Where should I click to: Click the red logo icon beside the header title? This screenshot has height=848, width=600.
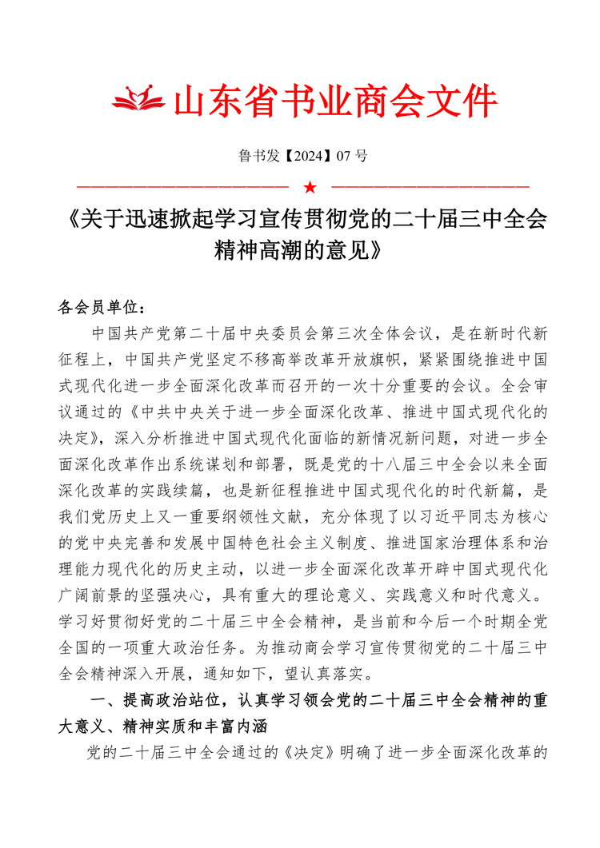point(137,99)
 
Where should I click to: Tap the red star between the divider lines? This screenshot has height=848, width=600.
point(310,188)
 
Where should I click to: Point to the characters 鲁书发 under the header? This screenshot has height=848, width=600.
point(256,156)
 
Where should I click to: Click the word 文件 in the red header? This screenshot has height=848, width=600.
point(466,102)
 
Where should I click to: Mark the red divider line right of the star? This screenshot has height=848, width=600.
point(431,189)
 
